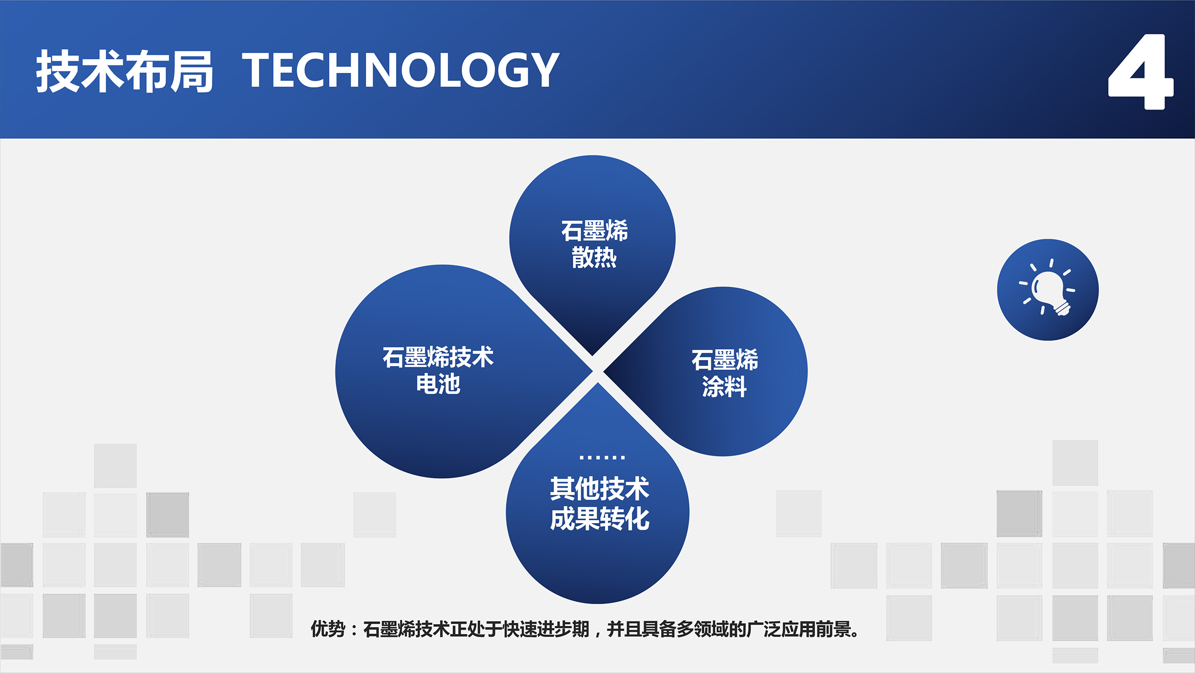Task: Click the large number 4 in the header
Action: pyautogui.click(x=1140, y=71)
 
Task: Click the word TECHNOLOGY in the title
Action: pyautogui.click(x=401, y=70)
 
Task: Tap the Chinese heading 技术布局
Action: pyautogui.click(x=124, y=71)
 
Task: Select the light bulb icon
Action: pyautogui.click(x=1047, y=290)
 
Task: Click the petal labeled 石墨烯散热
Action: pyautogui.click(x=592, y=243)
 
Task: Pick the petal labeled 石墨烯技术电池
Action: pyautogui.click(x=445, y=371)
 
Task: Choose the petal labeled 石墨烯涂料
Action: pyautogui.click(x=718, y=372)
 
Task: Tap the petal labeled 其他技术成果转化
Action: pyautogui.click(x=597, y=506)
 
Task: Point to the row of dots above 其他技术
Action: pyautogui.click(x=602, y=457)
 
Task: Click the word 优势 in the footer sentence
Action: pyautogui.click(x=328, y=629)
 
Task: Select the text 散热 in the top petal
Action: pyautogui.click(x=594, y=257)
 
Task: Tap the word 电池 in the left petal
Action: pyautogui.click(x=438, y=383)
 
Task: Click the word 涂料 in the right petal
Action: pyautogui.click(x=724, y=386)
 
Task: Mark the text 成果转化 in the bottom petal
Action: pyautogui.click(x=600, y=519)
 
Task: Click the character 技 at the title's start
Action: pyautogui.click(x=57, y=71)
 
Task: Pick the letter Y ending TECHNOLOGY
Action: pyautogui.click(x=542, y=70)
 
